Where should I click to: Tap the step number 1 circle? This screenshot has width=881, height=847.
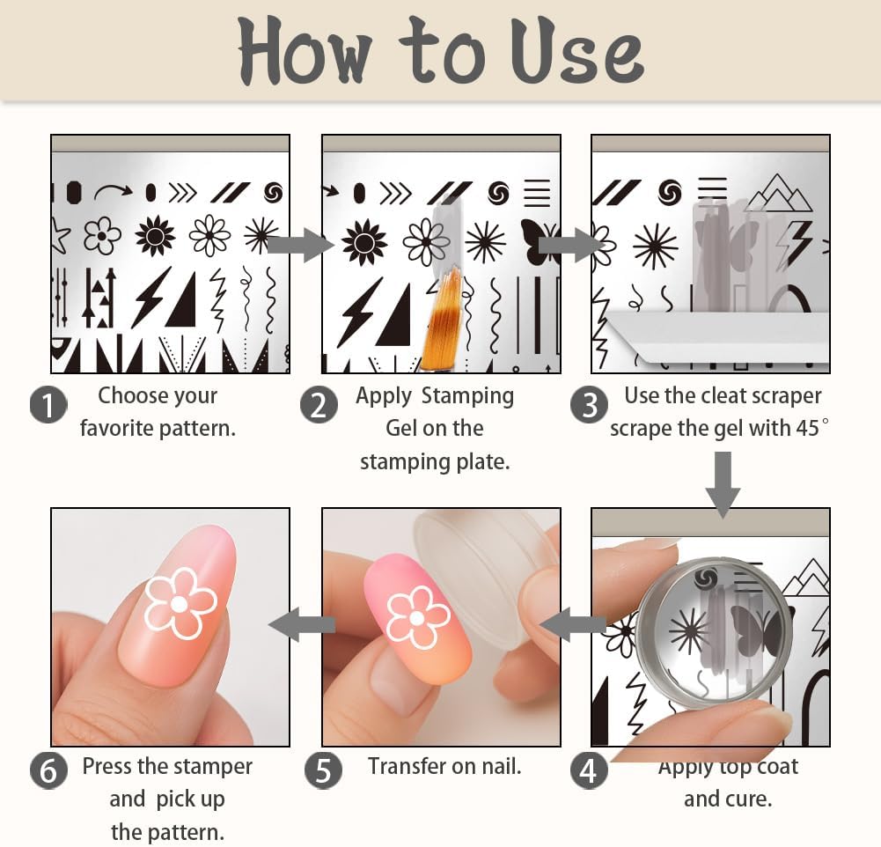pos(48,405)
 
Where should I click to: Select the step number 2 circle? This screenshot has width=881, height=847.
pos(319,405)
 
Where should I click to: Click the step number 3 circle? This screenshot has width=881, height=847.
pos(589,405)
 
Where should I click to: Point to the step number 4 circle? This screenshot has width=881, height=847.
pos(589,771)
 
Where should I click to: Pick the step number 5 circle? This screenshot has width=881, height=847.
pos(323,771)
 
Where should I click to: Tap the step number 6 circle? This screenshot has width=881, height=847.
pos(48,771)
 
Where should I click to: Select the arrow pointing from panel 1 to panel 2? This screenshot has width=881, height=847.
pos(299,244)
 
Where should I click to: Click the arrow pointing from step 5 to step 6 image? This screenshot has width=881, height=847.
pos(301,625)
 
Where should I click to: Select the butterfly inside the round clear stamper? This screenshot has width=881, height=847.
pos(755,630)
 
